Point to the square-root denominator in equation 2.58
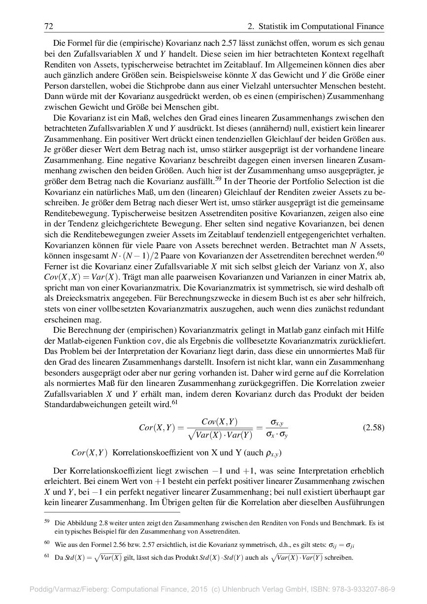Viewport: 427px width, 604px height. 220,435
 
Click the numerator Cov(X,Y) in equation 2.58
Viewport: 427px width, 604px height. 220,421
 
